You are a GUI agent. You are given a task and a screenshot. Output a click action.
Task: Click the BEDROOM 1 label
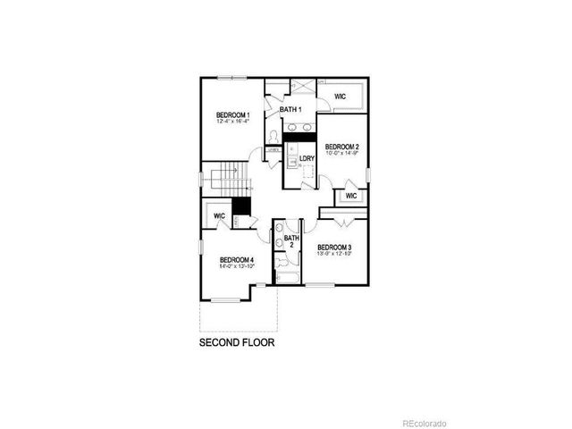coord(233,115)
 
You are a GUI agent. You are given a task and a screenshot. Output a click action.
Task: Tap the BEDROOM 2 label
coord(341,147)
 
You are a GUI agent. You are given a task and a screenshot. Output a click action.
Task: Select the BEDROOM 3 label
coord(333,247)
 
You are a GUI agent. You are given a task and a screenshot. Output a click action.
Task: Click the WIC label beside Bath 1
coord(341,96)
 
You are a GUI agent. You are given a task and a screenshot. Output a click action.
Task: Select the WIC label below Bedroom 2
coord(350,195)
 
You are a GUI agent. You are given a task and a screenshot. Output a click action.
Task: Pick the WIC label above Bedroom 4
coord(219,215)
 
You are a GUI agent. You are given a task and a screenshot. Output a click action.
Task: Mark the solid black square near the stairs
coord(240,206)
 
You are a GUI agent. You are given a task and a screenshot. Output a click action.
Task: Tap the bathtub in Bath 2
coord(290,279)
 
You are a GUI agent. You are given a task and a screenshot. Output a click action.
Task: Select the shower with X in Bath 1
coord(300,86)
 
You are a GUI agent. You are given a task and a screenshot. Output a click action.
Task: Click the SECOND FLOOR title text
coord(236,342)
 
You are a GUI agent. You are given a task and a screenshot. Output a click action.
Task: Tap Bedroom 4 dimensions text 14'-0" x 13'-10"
coord(238,266)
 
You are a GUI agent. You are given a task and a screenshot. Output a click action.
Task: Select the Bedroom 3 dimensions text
coord(333,254)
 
